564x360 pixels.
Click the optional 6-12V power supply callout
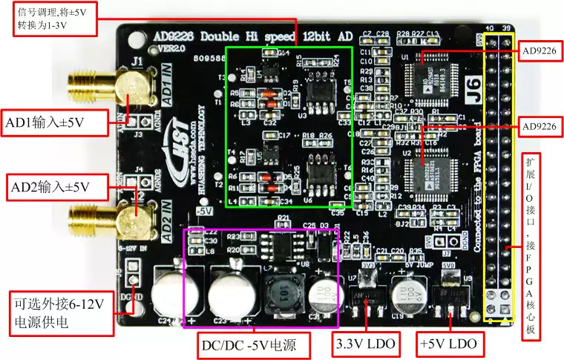(x=58, y=313)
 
